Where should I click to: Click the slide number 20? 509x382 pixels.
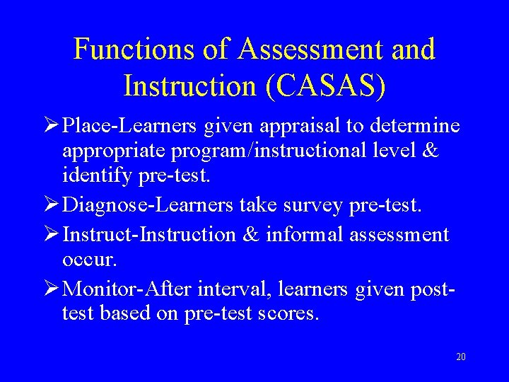(x=461, y=357)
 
